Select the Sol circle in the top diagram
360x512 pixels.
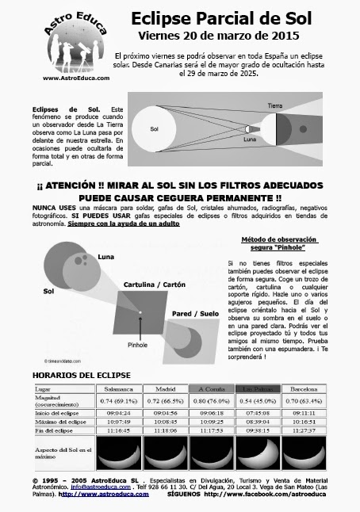point(154,128)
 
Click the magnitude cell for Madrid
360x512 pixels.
point(165,402)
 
